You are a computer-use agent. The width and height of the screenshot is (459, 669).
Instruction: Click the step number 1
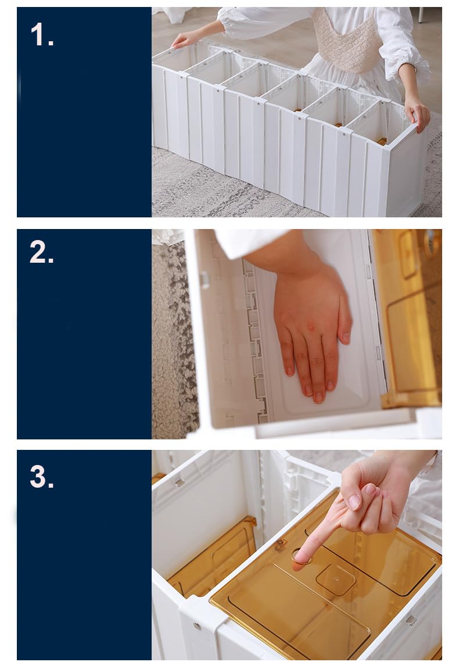42,34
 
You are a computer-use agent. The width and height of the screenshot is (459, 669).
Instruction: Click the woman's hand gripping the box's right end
417,112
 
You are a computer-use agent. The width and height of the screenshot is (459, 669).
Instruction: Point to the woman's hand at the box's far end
186,40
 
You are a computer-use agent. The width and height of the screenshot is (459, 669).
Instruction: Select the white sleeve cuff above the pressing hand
248,243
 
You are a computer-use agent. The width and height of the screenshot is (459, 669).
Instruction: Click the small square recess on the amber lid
336,579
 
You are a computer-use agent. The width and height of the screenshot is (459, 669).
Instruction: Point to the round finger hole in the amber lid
301,557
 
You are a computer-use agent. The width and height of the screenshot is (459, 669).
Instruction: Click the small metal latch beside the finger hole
281,545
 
